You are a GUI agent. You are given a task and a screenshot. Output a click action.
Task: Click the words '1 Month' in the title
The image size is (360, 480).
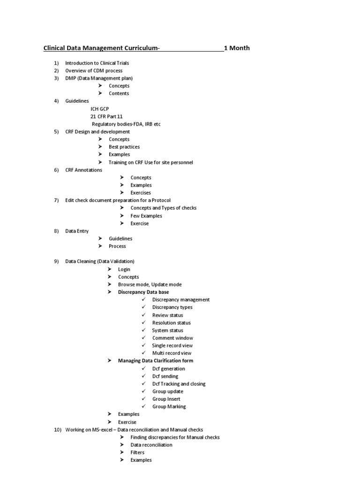point(237,48)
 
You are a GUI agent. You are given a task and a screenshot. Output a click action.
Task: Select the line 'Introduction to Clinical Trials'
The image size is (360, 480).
point(97,63)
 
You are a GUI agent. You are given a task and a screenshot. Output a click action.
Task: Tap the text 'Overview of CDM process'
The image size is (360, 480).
point(94,70)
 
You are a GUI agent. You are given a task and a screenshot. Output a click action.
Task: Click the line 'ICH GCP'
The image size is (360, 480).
point(100,109)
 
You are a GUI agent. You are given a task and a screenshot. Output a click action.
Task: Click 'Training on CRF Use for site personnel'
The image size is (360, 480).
point(150,162)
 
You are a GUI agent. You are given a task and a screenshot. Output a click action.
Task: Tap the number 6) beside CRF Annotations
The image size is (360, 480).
point(56,170)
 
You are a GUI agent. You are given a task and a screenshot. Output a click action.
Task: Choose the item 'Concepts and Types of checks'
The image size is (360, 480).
point(164,208)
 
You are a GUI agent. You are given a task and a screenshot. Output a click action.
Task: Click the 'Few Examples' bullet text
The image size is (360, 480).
point(146,216)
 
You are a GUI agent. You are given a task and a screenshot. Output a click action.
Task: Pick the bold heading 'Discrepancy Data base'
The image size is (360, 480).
point(143,292)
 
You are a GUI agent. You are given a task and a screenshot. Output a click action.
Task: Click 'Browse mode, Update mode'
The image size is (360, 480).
point(150,285)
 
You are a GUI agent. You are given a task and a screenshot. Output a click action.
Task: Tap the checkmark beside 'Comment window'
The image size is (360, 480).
point(143,338)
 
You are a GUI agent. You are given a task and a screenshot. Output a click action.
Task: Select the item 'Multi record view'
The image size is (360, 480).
point(172,353)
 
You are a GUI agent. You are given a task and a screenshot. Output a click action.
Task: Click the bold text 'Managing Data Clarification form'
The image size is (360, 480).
point(156,360)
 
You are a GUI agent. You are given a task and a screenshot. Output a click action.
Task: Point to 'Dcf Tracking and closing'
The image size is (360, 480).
point(179,383)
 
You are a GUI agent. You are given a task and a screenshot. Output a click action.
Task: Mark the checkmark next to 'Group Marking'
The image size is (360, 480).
point(143,406)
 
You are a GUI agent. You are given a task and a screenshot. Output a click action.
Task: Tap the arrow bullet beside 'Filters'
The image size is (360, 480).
point(121,452)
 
